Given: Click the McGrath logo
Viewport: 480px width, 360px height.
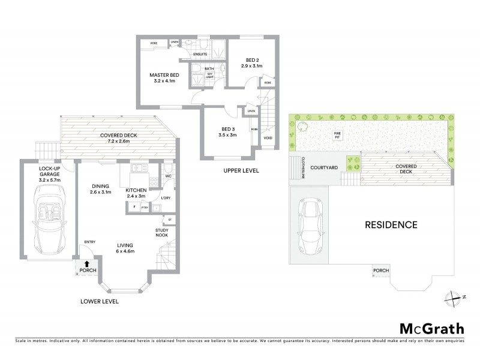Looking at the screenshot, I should coord(431,328).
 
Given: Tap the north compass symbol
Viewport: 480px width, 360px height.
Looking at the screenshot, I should coord(455,297).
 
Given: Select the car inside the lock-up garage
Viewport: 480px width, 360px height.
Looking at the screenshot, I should coord(47,218).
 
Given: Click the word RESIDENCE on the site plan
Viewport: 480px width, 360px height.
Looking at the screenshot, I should coord(391,225).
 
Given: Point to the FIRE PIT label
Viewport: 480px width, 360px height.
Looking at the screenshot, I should coord(337,134).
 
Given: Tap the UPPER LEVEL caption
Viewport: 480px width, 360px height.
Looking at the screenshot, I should coord(242,171).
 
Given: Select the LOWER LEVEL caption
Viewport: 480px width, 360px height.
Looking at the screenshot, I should coord(100,301).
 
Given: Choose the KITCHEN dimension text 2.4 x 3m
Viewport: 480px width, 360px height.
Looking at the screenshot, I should coord(136,196).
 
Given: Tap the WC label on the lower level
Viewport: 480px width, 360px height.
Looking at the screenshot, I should coord(169,176).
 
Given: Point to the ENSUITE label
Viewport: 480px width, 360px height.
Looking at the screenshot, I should coord(200,54).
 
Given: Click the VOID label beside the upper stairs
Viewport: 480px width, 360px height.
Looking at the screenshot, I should coord(268,139).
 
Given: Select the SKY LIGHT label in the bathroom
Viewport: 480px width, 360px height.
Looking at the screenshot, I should coord(210,75).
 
